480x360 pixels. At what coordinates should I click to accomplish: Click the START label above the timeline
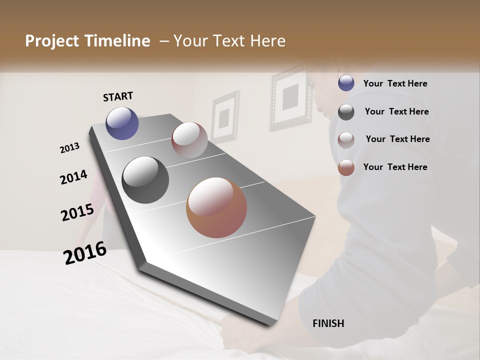[118, 96]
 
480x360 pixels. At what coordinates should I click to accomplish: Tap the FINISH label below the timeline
[328, 323]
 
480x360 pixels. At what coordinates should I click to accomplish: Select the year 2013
[69, 148]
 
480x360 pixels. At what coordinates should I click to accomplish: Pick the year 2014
[73, 177]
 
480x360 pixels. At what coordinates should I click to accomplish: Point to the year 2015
[77, 212]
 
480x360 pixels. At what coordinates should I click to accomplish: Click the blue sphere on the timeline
[122, 123]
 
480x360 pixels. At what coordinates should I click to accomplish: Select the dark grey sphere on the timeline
[145, 180]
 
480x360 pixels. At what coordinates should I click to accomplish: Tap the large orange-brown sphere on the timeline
[216, 207]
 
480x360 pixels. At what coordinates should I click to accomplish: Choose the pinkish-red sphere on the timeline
[189, 140]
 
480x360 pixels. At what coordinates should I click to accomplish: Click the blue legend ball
[346, 83]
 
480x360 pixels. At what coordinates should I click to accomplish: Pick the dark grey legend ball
[346, 112]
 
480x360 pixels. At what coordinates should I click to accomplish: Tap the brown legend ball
[346, 167]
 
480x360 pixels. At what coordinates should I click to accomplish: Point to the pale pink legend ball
[346, 139]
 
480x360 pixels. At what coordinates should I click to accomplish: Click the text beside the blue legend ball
[395, 84]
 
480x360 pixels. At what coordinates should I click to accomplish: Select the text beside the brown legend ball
[395, 167]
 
